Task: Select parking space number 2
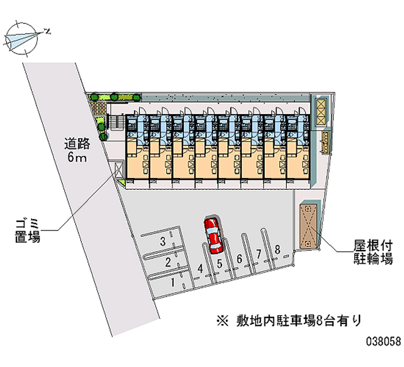click(x=168, y=263)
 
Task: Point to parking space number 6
click(x=240, y=259)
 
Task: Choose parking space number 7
click(x=259, y=254)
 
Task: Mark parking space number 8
click(x=277, y=249)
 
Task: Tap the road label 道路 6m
click(x=77, y=150)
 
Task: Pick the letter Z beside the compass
click(x=47, y=32)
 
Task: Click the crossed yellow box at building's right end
click(x=321, y=113)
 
